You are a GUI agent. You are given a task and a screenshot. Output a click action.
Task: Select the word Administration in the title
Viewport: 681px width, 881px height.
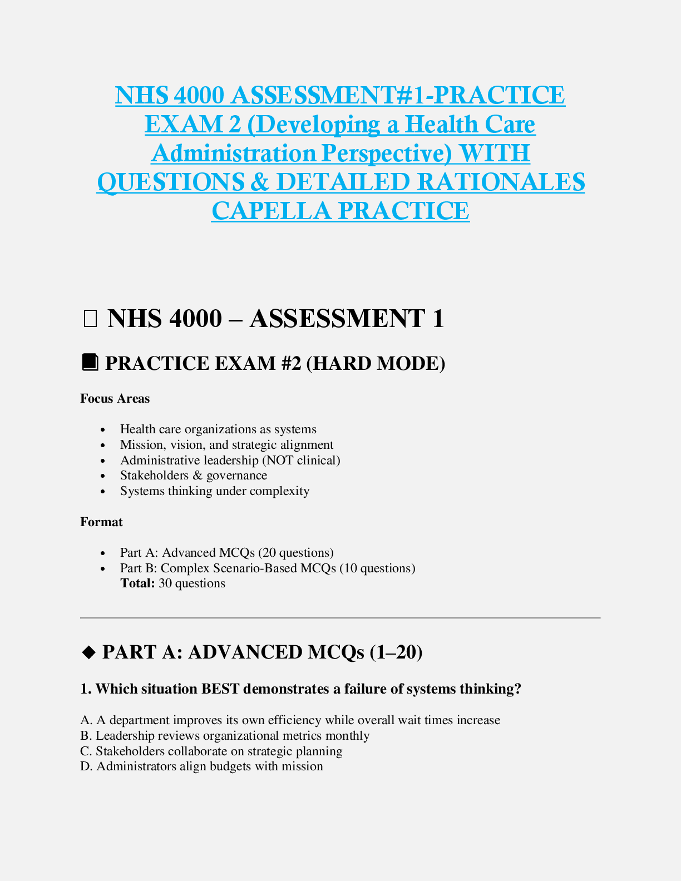[x=234, y=153]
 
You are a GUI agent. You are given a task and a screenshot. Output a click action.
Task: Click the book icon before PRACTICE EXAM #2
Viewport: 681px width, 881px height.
[x=90, y=363]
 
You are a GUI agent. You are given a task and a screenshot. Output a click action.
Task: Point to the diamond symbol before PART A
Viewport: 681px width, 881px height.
[x=89, y=652]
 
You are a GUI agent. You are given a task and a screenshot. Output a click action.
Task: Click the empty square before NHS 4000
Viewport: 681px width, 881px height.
[x=90, y=319]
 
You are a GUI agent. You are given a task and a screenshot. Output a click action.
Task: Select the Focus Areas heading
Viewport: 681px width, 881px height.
[x=115, y=399]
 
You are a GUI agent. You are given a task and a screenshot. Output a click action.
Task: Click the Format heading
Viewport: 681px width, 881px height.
[x=101, y=522]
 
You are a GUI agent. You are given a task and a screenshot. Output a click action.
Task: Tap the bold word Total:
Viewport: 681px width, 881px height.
[x=137, y=583]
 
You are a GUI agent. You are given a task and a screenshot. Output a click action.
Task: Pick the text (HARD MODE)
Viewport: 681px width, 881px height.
[x=376, y=363]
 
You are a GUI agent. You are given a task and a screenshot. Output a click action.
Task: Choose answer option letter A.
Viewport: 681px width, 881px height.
[x=85, y=720]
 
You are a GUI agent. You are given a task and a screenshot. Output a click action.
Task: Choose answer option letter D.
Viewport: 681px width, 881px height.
[x=86, y=766]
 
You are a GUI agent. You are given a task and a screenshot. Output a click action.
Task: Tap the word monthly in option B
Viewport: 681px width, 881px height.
[x=348, y=736]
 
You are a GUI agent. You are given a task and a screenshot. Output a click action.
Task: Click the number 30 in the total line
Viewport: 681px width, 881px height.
[x=165, y=583]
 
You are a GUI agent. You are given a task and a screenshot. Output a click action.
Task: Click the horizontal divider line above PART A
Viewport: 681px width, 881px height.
[x=340, y=617]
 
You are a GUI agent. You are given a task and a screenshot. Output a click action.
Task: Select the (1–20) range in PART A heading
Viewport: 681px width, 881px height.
[x=396, y=652]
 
